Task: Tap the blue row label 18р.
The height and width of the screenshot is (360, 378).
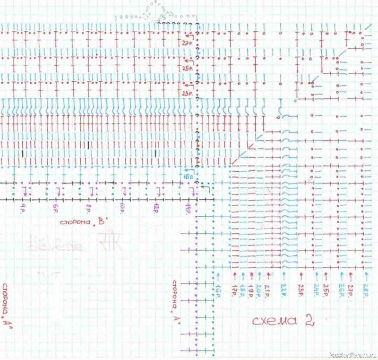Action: tap(243, 289)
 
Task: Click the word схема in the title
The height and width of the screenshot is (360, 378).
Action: tap(273, 321)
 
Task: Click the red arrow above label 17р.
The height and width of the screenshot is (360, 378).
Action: tap(234, 275)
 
